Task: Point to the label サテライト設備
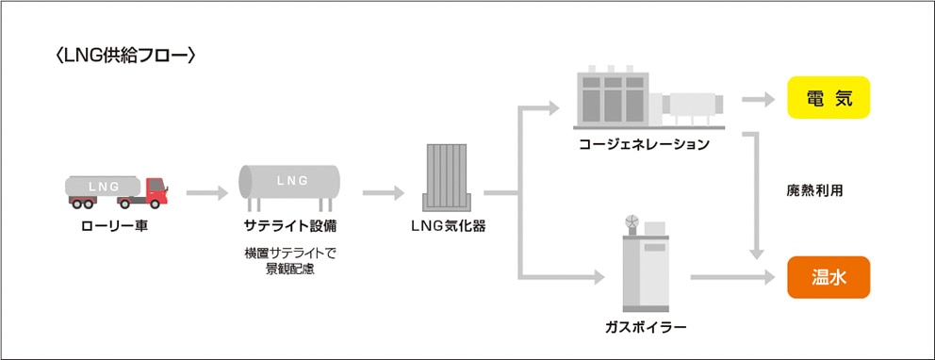click(290, 227)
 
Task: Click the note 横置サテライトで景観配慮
click(290, 261)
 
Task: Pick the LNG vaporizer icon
click(448, 177)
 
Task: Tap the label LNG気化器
click(449, 227)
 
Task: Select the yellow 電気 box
click(828, 98)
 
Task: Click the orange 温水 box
click(828, 277)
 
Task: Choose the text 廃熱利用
click(814, 189)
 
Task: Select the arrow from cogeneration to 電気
click(758, 99)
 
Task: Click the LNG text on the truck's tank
click(103, 186)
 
